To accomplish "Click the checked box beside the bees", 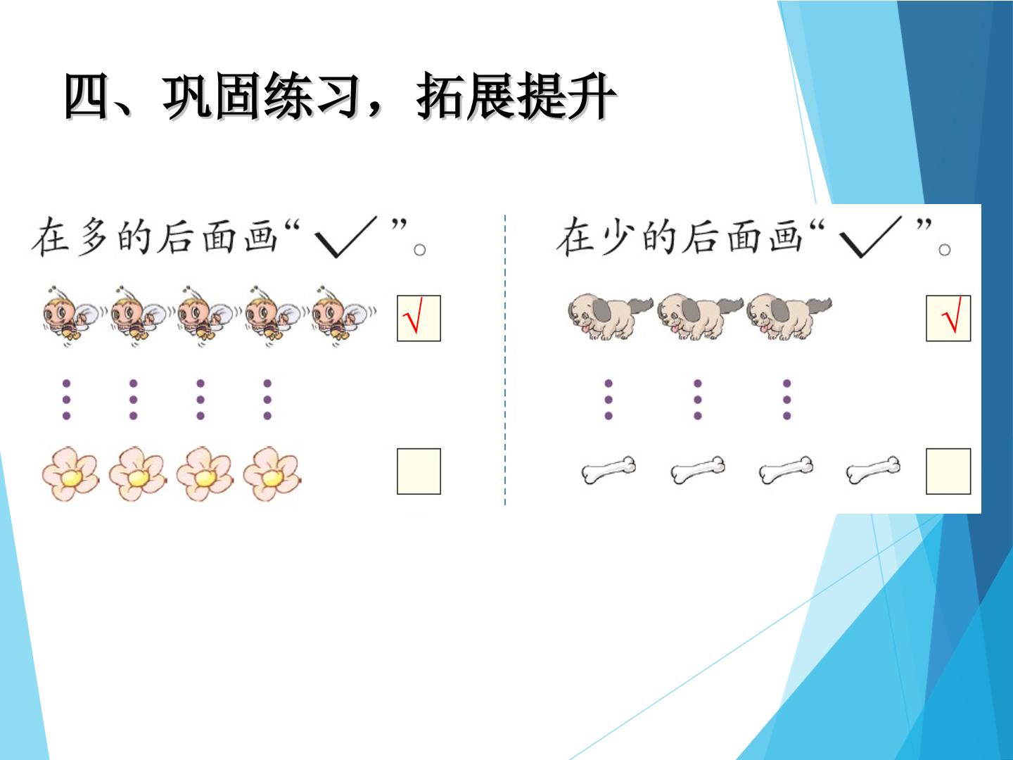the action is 419,318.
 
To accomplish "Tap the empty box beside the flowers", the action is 419,471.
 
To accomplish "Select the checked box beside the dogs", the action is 948,318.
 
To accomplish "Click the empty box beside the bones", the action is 948,471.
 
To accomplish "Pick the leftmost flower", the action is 70,474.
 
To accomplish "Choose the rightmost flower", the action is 272,474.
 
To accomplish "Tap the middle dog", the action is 699,317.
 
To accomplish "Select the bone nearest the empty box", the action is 873,470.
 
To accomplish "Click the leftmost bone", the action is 609,470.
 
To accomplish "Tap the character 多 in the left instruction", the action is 92,236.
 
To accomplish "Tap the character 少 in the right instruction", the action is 618,236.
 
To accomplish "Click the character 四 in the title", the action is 87,96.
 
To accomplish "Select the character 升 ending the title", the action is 592,96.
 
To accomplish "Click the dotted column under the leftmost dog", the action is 609,400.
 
